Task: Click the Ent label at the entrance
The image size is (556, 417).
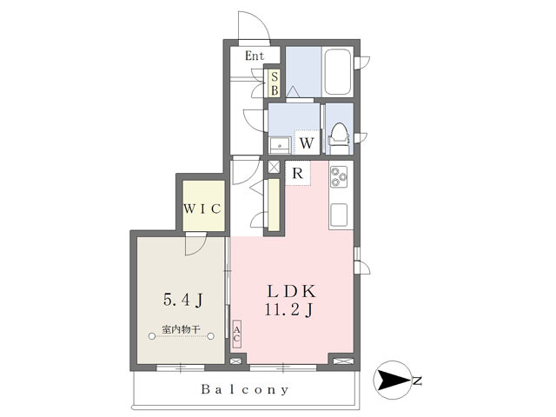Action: pos(255,56)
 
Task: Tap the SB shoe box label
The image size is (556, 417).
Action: pos(275,83)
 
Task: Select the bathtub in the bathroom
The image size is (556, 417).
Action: pos(338,71)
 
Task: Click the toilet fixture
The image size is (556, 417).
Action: pos(339,138)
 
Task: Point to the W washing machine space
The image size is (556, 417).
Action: pos(307,142)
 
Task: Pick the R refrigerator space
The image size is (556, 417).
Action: pos(298,174)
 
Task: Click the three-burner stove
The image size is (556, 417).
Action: pos(339,177)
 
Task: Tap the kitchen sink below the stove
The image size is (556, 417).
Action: pos(339,215)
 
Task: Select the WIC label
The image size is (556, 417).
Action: pos(202,208)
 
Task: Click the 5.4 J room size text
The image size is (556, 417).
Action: pos(183,300)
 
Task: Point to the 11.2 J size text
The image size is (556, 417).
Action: pos(288,310)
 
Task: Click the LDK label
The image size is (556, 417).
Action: pos(291,292)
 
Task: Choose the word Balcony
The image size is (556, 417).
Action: pos(245,389)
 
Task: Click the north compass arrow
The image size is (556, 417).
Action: pos(394,381)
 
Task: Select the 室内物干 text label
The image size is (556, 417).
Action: pos(182,329)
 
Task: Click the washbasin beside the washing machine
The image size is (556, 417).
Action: pos(280,145)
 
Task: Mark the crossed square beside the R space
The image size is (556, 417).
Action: pos(274,167)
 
